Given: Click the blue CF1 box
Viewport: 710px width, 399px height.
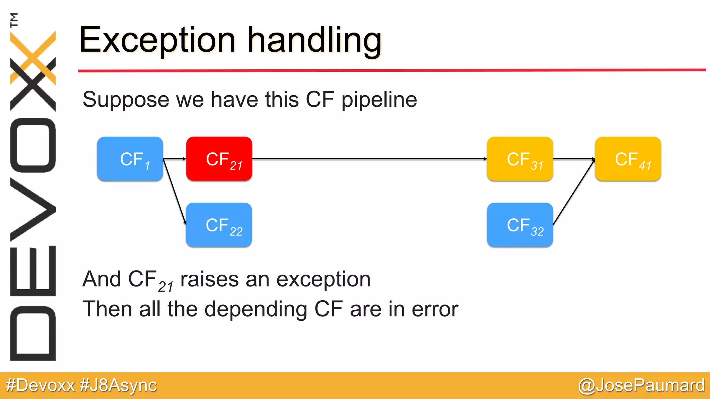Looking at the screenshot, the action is [130, 159].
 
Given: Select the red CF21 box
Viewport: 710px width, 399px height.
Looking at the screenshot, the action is [219, 159].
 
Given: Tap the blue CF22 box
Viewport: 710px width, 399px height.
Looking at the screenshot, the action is [219, 225].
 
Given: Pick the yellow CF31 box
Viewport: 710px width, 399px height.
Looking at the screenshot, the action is [520, 159].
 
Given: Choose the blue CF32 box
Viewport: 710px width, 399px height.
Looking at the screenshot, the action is [520, 225].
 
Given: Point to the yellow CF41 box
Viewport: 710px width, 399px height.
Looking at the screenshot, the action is [628, 159].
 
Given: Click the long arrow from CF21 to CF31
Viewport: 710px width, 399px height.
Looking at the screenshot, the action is [369, 159].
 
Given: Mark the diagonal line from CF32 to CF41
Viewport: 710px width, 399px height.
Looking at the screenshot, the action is [574, 192].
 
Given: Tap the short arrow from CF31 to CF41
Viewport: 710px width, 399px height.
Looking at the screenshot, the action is [574, 159].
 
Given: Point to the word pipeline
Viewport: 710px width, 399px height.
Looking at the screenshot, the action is [379, 100].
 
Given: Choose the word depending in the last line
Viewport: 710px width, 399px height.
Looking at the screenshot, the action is [256, 309].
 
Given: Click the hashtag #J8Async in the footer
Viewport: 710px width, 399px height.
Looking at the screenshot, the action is [118, 385].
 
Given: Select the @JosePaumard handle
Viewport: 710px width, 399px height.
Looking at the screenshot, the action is [641, 385].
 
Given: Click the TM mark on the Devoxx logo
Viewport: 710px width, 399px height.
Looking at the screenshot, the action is [14, 20].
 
